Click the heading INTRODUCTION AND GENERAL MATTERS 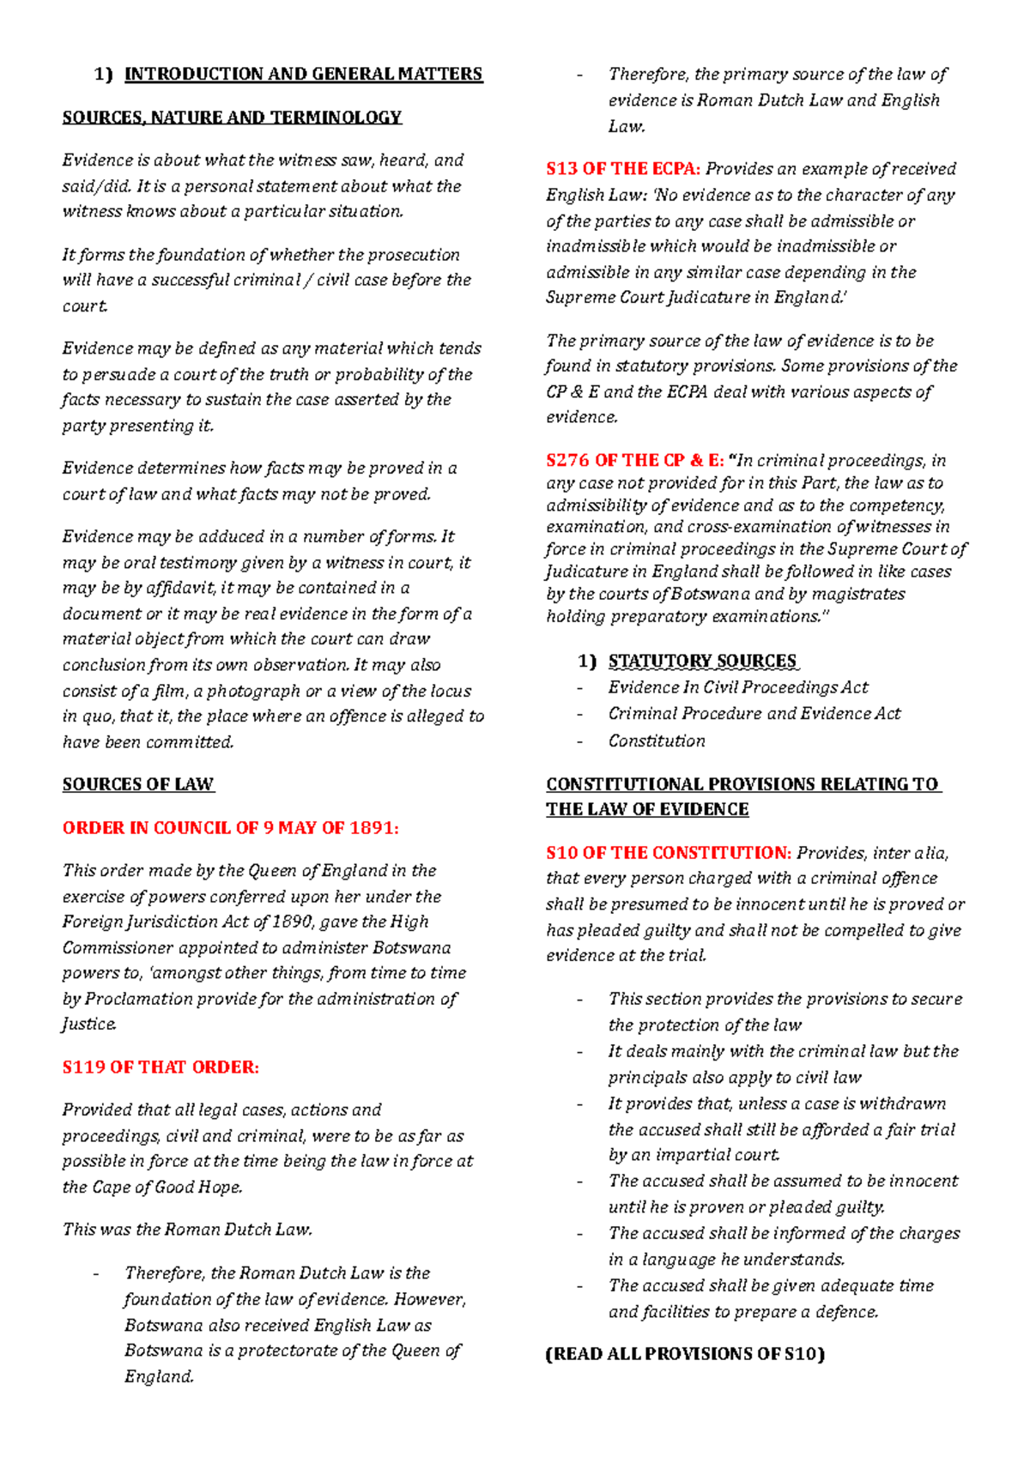pyautogui.click(x=304, y=75)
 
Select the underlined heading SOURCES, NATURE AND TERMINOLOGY pyautogui.click(x=232, y=118)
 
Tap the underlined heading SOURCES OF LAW pyautogui.click(x=137, y=784)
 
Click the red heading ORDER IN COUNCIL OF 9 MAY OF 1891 pyautogui.click(x=230, y=828)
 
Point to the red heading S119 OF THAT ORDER pyautogui.click(x=161, y=1067)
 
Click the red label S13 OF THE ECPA pyautogui.click(x=623, y=169)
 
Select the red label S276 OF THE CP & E pyautogui.click(x=635, y=461)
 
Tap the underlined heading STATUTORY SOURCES pyautogui.click(x=702, y=662)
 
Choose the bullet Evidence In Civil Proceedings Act pyautogui.click(x=738, y=687)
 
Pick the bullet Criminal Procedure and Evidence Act pyautogui.click(x=754, y=714)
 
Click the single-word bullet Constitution pyautogui.click(x=657, y=741)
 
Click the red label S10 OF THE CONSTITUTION pyautogui.click(x=669, y=853)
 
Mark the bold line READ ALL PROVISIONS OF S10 pyautogui.click(x=685, y=1354)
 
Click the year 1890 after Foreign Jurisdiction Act pyautogui.click(x=291, y=922)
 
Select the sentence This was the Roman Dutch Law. pyautogui.click(x=187, y=1230)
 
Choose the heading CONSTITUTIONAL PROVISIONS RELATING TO pyautogui.click(x=742, y=784)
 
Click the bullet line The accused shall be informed pyautogui.click(x=784, y=1234)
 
